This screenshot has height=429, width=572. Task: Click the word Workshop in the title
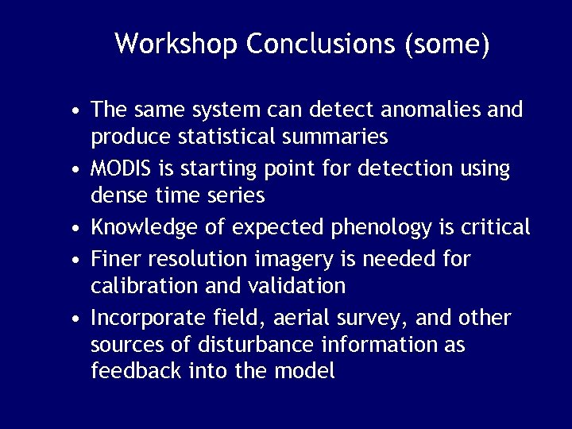tap(176, 44)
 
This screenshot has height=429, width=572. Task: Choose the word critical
tap(491, 227)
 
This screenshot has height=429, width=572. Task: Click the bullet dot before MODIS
tap(73, 170)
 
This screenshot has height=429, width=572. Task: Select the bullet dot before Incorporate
tap(73, 319)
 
